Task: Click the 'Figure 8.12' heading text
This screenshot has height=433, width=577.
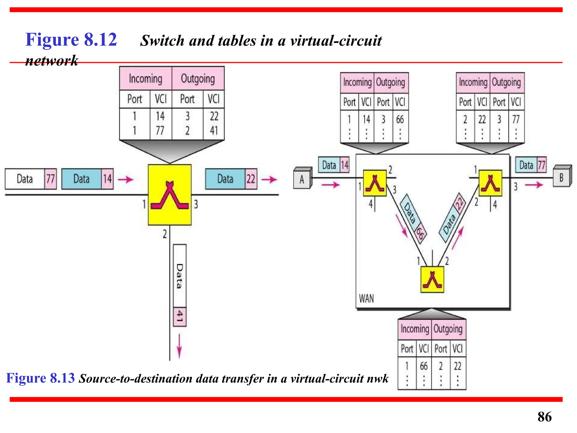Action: pos(71,40)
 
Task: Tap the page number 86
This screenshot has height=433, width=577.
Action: pos(544,417)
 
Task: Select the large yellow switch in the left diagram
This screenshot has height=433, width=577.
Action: pos(170,195)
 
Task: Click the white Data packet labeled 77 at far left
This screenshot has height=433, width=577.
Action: pos(30,179)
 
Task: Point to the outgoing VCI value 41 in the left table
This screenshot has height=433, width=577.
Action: pos(214,131)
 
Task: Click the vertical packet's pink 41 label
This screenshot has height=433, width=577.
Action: pos(180,316)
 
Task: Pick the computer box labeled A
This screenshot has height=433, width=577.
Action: pos(302,179)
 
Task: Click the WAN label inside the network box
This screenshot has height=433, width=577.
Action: pos(366,298)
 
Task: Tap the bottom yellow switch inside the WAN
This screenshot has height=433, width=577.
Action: pos(432,279)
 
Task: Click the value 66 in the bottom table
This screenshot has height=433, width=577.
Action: pos(423,366)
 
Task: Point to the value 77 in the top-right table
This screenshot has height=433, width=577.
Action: pos(516,120)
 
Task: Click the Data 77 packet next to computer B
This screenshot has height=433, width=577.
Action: pos(531,165)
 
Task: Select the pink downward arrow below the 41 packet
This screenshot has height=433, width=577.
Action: pos(179,346)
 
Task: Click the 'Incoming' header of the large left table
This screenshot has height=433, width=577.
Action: pos(145,79)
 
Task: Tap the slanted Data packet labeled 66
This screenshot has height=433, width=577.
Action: pos(413,217)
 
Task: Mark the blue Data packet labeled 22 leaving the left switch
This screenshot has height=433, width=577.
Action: pos(231,179)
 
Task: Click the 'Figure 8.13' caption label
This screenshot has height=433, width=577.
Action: pos(40,378)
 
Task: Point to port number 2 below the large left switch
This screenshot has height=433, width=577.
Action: pos(165,234)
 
